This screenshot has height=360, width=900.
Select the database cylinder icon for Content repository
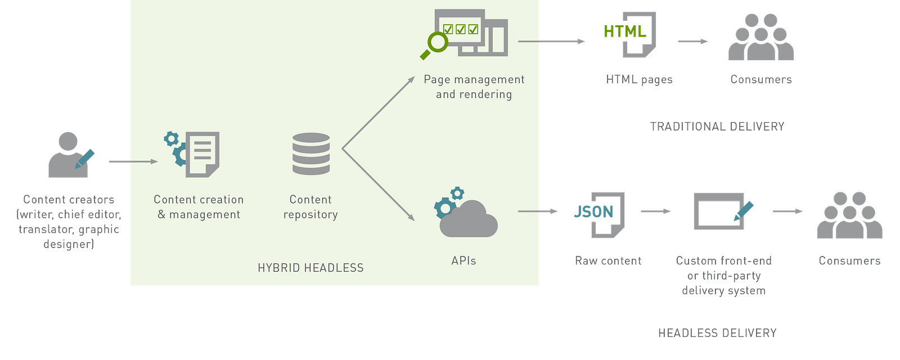(x=311, y=154)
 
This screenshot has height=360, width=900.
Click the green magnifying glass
(x=435, y=45)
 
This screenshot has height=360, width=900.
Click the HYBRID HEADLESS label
(x=310, y=268)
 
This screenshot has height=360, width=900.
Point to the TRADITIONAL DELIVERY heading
(x=717, y=126)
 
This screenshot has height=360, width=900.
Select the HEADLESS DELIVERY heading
(x=717, y=334)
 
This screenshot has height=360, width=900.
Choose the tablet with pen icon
(x=721, y=211)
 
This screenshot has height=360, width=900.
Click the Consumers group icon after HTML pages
(x=761, y=38)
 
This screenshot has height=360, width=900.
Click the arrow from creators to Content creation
(x=132, y=161)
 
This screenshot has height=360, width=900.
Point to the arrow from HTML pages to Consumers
(x=692, y=41)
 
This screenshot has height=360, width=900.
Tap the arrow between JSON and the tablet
(x=655, y=211)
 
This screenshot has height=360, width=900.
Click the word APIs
(x=463, y=260)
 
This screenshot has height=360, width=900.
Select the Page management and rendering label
(x=474, y=87)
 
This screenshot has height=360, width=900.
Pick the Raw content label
(x=608, y=261)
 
